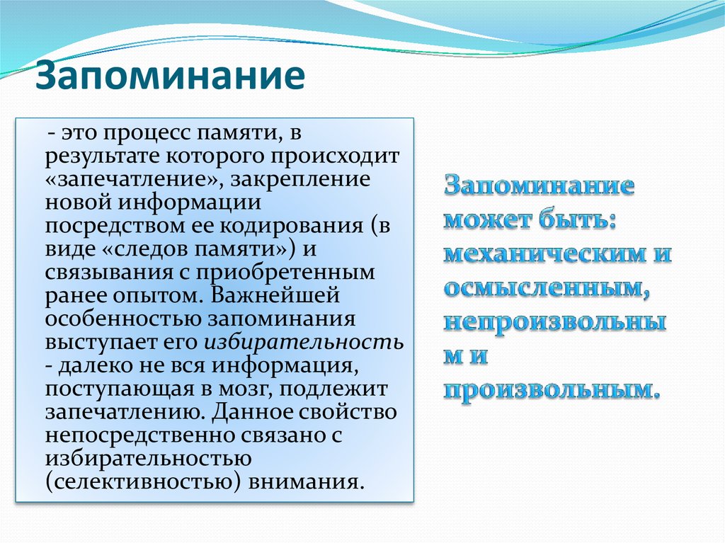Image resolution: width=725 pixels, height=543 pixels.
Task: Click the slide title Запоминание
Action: (170, 77)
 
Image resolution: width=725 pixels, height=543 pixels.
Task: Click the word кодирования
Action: (286, 226)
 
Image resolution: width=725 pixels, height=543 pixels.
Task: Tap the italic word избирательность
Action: (304, 342)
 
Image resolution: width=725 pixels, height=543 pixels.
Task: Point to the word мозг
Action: (246, 389)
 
